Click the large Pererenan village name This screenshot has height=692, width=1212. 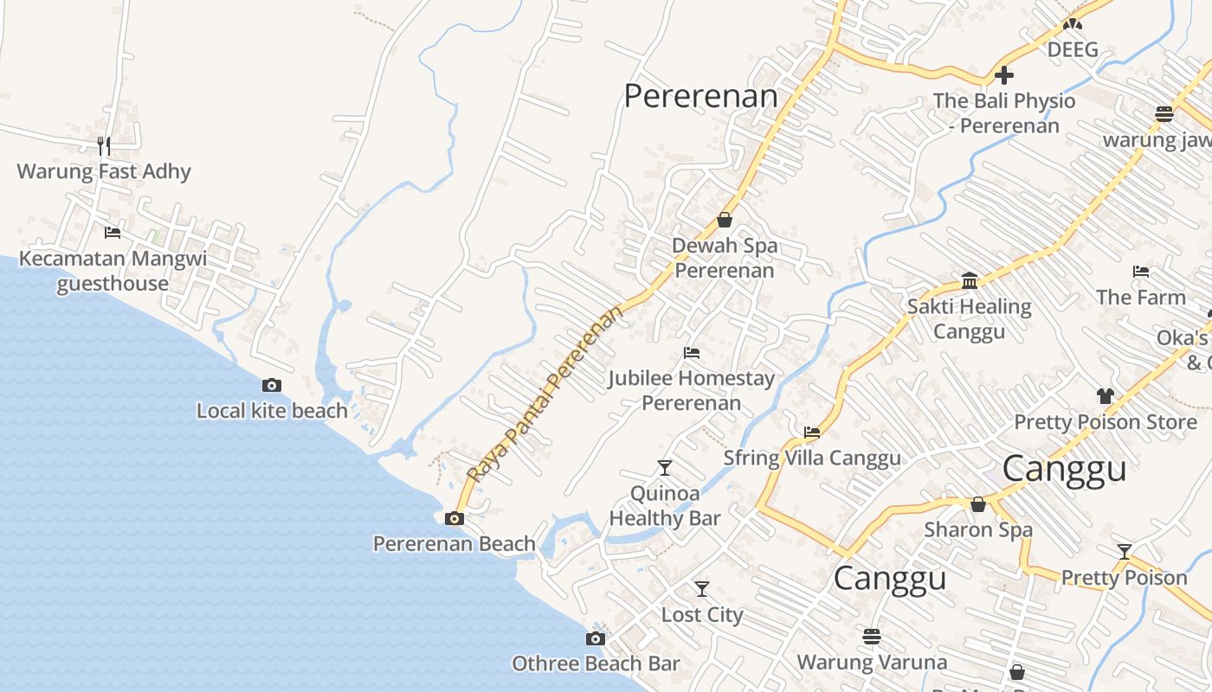(701, 96)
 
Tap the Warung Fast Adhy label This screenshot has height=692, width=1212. (104, 171)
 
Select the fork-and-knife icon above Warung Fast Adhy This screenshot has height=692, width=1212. (103, 144)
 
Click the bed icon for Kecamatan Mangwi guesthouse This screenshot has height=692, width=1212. (112, 232)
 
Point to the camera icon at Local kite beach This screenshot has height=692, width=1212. (272, 385)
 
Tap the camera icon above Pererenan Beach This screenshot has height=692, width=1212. (454, 518)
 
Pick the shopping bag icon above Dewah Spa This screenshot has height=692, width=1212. (725, 220)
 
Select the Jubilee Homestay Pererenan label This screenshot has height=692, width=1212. (691, 390)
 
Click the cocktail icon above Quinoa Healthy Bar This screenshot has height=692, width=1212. (664, 468)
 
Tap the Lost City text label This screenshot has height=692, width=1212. (702, 614)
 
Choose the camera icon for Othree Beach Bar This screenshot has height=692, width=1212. (595, 638)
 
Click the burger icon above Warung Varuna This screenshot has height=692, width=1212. (871, 637)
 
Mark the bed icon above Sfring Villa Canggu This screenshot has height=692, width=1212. (811, 432)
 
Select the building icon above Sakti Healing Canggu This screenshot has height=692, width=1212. (970, 281)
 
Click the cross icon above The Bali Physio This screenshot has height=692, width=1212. (1003, 75)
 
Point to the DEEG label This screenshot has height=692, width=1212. (1073, 49)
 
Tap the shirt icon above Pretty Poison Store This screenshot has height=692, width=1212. (1105, 396)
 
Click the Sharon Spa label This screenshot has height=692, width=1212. (978, 529)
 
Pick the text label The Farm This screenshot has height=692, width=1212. (1141, 297)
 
